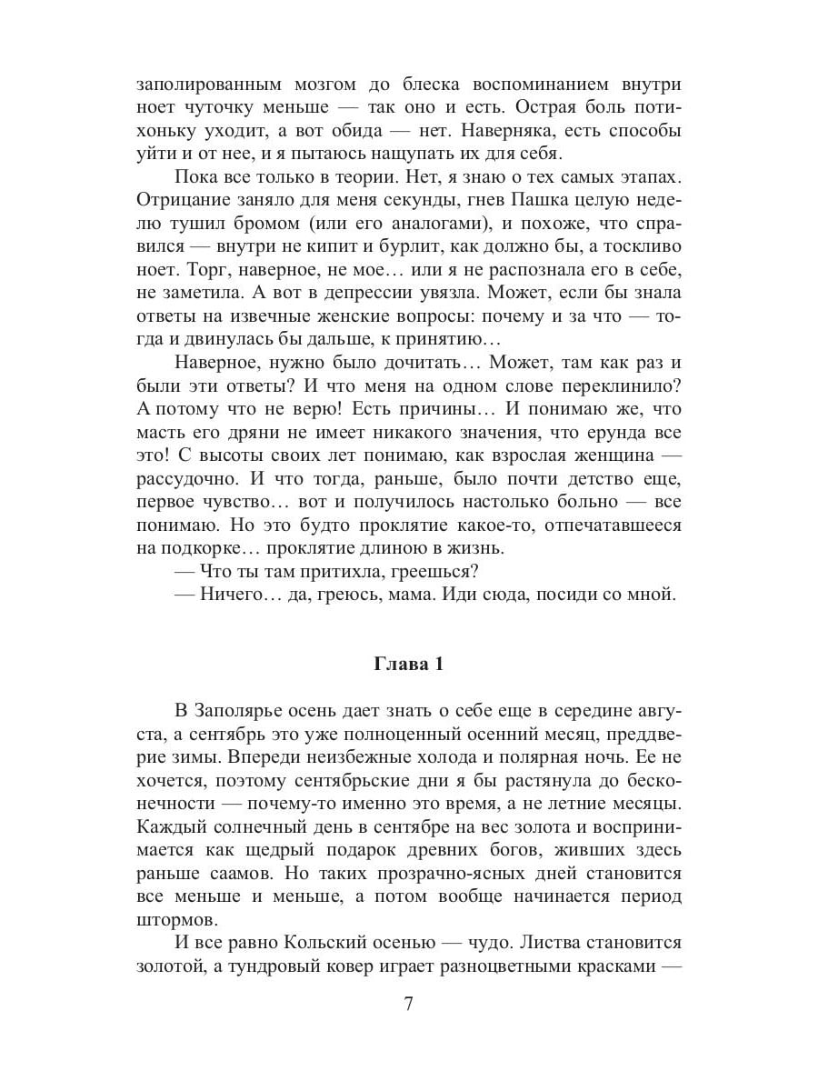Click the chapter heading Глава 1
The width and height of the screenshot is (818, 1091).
point(409,665)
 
